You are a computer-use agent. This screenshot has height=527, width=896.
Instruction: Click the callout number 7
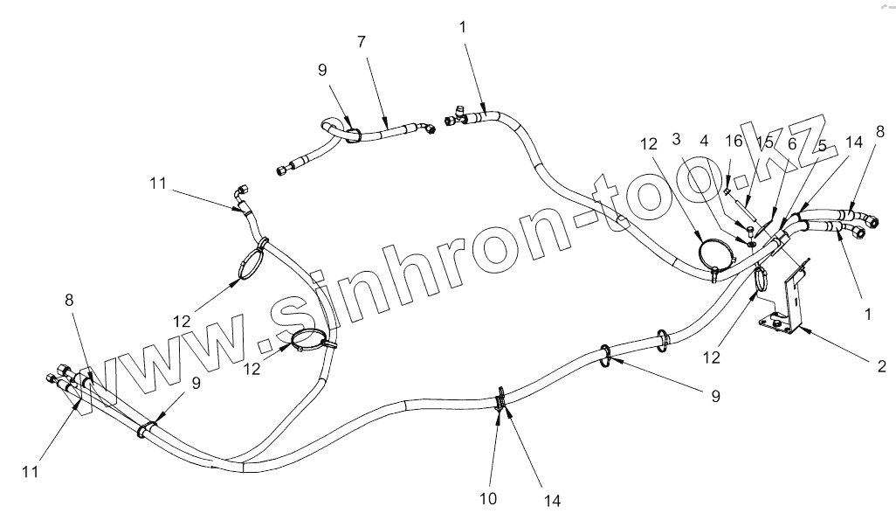[x=362, y=41]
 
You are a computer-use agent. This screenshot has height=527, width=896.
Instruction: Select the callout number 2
[x=881, y=366]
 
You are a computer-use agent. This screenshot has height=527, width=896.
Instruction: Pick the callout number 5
[x=822, y=145]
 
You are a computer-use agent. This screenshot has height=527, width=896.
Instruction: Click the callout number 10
[x=488, y=498]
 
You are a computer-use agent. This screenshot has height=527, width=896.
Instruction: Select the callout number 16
[x=734, y=140]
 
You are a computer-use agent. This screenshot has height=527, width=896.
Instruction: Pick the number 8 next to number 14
[x=879, y=133]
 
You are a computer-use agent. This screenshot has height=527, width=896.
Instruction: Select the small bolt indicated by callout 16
[x=727, y=185]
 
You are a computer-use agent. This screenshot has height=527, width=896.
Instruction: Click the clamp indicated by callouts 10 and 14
[x=500, y=401]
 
